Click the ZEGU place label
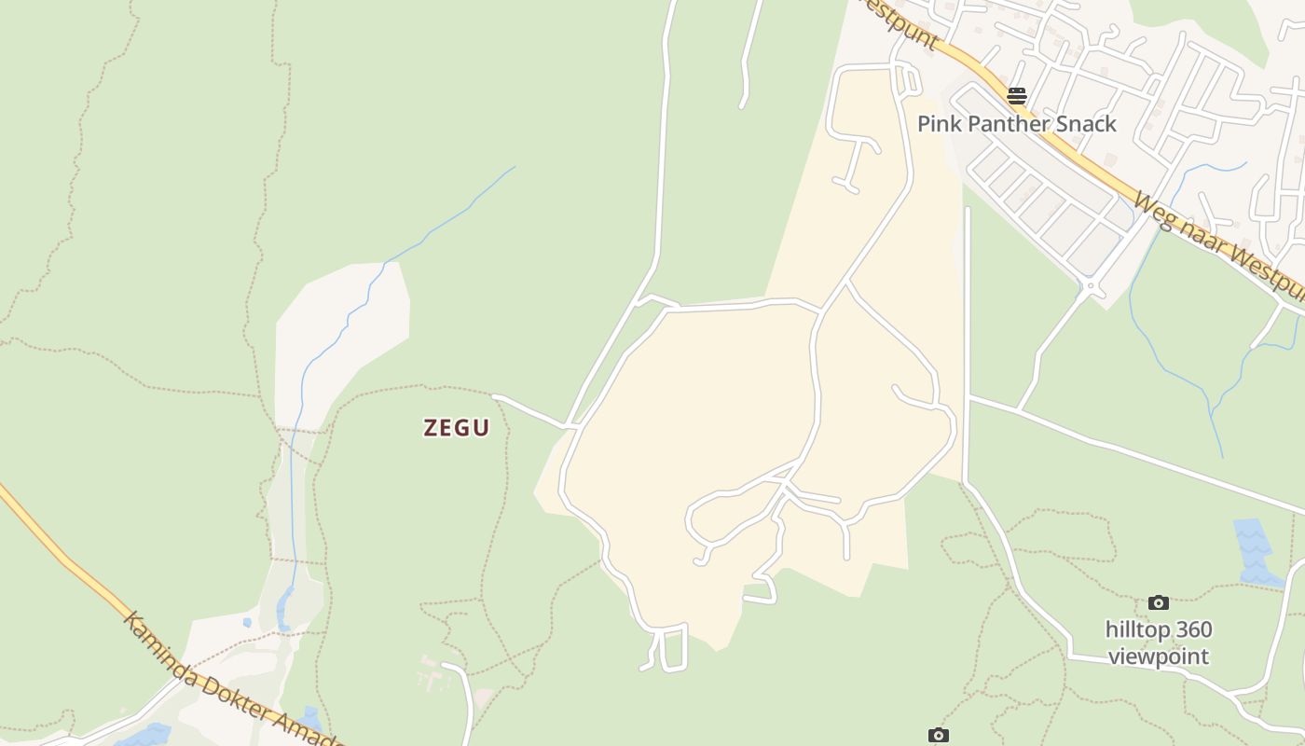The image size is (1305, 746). point(456,428)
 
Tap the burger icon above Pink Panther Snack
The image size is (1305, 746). point(1016,95)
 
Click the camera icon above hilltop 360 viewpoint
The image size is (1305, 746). point(1159,603)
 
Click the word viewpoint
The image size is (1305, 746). point(1159,656)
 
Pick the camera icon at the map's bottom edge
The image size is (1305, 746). point(939,736)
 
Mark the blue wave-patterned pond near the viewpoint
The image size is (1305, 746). point(1254,550)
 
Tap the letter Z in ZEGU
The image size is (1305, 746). point(432,428)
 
